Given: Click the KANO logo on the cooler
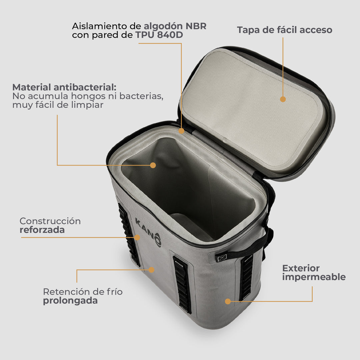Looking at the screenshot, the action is point(148,232).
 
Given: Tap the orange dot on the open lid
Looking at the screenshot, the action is point(283,99).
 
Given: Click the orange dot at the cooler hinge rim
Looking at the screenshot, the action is point(181,131).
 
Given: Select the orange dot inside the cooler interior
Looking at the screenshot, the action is point(153,165).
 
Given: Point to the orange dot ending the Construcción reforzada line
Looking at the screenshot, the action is point(137,237).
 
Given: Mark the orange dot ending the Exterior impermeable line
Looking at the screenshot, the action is point(228,301).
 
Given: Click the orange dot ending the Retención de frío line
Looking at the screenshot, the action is point(151,270).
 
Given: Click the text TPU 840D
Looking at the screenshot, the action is point(159,35).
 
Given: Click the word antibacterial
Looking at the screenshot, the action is point(85,87).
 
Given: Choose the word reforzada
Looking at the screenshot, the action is point(42,230).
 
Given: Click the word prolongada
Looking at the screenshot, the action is point(70,301).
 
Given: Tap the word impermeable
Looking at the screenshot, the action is point(314,277).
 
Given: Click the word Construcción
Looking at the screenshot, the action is point(50,221).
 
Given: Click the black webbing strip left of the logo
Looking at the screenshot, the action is point(129,235).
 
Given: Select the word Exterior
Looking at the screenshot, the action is point(301,268).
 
